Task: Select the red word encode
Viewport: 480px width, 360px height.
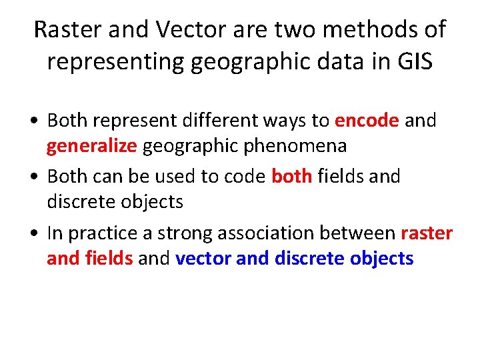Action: (367, 121)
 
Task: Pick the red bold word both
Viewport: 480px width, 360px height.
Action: (292, 177)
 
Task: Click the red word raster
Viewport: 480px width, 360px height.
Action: (427, 233)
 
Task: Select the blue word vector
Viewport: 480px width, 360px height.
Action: (203, 258)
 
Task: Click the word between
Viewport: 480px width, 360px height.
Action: (363, 233)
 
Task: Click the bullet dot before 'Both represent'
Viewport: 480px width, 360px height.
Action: (35, 121)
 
